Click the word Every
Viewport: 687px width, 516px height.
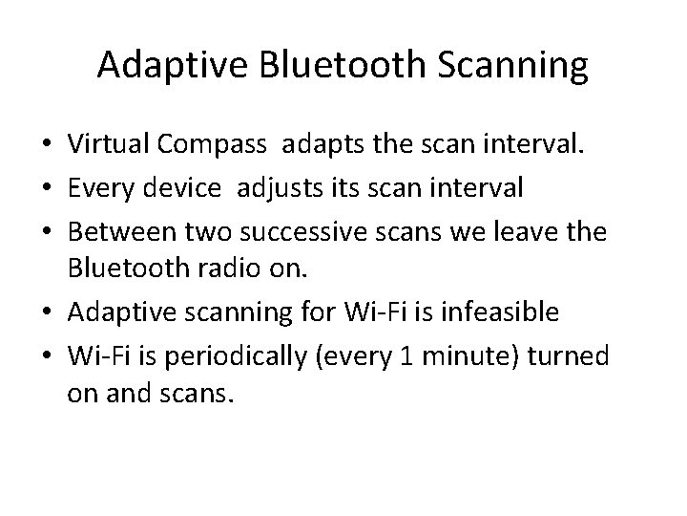(95, 188)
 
